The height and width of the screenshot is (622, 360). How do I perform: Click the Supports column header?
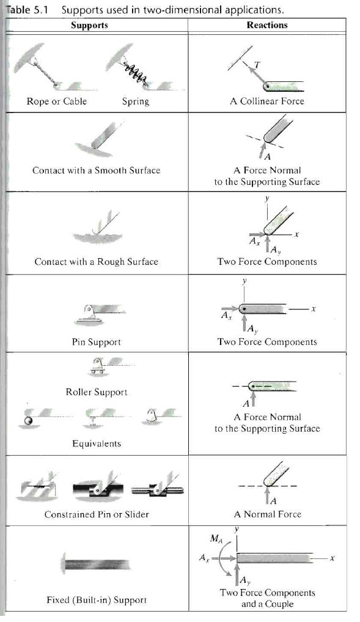[x=89, y=26]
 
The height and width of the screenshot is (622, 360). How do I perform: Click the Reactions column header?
[x=267, y=25]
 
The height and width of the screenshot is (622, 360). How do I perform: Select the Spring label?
[x=136, y=102]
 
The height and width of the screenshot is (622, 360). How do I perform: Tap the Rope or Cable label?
[x=57, y=101]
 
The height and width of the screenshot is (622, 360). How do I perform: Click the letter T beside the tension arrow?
[x=257, y=65]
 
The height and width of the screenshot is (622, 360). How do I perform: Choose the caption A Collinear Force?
[x=267, y=101]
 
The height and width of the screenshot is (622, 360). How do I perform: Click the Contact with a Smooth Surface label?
[x=97, y=170]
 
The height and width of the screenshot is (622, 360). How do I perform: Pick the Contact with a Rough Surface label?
[x=97, y=261]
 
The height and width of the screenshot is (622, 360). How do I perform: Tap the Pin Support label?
[x=97, y=342]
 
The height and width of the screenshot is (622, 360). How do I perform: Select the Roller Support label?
[x=97, y=392]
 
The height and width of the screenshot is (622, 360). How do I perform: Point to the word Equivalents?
[x=97, y=443]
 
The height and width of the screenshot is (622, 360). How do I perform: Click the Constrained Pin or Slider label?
[x=97, y=514]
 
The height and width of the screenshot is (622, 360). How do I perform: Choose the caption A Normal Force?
[x=268, y=514]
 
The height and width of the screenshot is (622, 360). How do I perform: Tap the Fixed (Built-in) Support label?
[x=97, y=600]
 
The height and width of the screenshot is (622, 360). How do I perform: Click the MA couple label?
[x=216, y=538]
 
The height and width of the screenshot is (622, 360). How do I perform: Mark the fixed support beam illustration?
[x=95, y=564]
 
